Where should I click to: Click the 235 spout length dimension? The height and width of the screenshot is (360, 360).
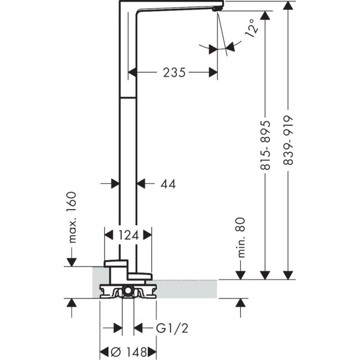[173, 71]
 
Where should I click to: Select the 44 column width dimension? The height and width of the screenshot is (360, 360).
[166, 184]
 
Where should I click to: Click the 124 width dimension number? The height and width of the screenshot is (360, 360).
[128, 235]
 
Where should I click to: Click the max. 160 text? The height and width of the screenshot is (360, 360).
[71, 217]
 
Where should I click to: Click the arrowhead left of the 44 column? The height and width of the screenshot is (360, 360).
[115, 183]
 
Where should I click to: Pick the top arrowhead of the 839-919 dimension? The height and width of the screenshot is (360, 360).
[287, 6]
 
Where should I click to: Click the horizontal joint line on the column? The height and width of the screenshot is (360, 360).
[128, 97]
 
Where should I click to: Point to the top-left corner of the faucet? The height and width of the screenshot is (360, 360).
[121, 2]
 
